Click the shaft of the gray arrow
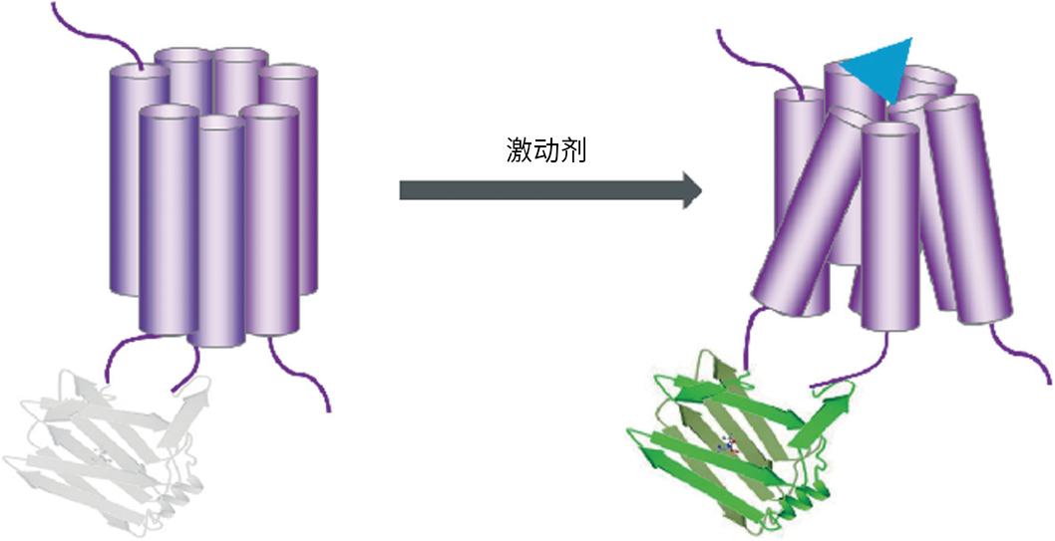point(538,189)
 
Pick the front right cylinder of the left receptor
point(271,219)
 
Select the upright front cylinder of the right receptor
point(889,229)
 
